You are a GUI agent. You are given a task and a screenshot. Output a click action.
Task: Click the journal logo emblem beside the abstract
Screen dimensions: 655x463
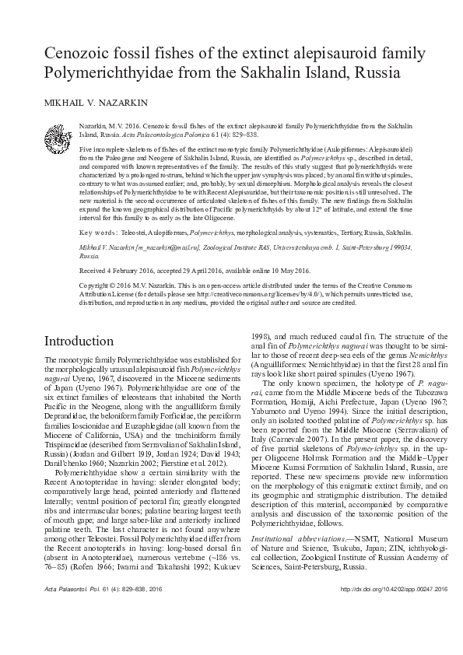[60, 134]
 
